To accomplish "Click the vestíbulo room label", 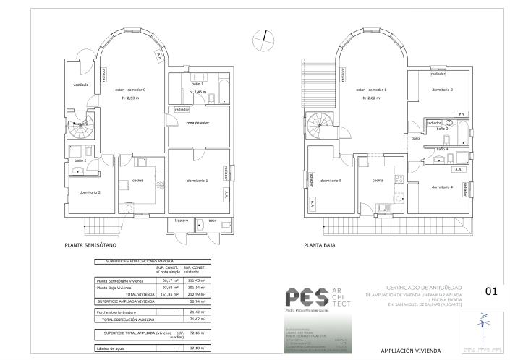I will [80, 85].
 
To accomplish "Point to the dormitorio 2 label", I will [90, 192].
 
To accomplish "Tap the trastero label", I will [181, 219].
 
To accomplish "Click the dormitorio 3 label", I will [442, 90].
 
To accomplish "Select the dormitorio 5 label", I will [331, 180].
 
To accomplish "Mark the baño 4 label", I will [442, 150].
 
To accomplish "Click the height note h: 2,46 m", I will [198, 93].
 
